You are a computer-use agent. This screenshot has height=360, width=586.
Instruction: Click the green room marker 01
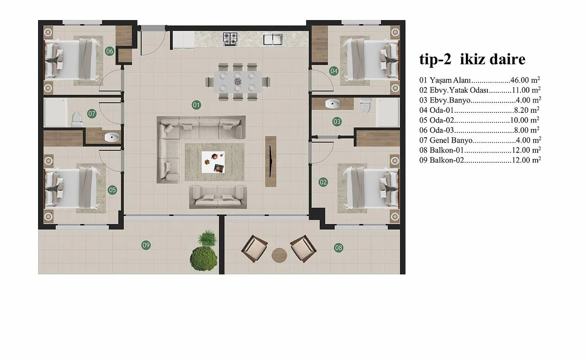click(196, 105)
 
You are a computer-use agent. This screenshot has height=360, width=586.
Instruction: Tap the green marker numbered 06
click(109, 51)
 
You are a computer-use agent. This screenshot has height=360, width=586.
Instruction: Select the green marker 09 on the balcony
click(146, 245)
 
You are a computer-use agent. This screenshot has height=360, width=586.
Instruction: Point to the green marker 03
click(337, 122)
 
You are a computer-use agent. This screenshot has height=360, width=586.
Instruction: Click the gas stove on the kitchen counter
click(230, 39)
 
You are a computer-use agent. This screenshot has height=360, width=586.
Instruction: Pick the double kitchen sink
click(272, 39)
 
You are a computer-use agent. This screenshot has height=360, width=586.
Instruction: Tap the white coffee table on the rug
click(213, 162)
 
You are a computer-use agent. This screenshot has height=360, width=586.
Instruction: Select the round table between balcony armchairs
click(279, 255)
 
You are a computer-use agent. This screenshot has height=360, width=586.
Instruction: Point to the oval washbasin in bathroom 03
click(333, 104)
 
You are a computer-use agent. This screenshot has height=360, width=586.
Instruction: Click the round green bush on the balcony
click(204, 258)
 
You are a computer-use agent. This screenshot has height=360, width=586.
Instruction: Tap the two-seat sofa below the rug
click(218, 197)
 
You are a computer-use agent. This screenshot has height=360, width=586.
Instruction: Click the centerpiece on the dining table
click(238, 82)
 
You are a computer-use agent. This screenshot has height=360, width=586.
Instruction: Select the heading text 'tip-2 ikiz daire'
click(472, 60)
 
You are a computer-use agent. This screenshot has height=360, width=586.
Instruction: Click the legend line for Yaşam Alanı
click(480, 80)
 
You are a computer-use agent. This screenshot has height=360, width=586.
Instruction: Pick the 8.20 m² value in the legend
click(526, 110)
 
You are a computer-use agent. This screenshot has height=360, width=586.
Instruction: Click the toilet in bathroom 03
click(365, 105)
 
